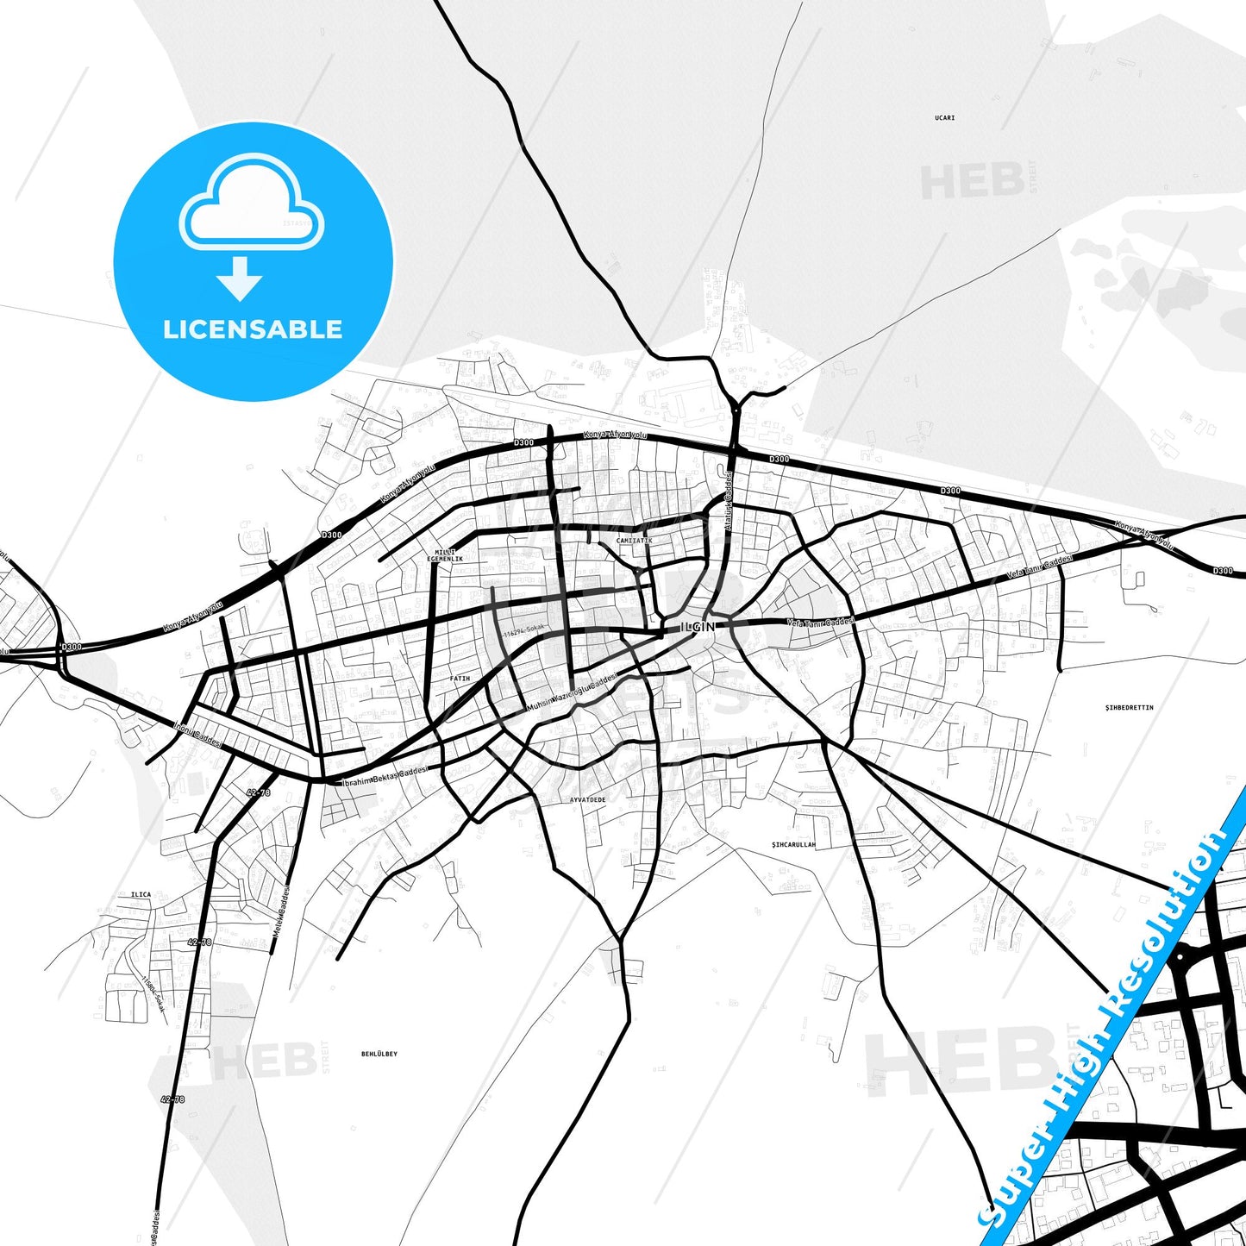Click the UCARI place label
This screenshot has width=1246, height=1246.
point(944,117)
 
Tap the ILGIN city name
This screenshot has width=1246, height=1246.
point(698,627)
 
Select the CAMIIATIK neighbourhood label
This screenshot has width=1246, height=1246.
point(634,541)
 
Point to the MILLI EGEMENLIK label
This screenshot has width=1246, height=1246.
point(445,555)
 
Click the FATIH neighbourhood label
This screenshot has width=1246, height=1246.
point(460,679)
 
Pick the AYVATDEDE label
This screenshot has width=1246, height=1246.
point(587,799)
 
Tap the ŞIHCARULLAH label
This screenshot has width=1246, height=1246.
point(793,844)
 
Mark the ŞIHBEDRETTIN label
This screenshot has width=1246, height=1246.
point(1129,707)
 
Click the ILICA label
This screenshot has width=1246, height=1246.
point(141,894)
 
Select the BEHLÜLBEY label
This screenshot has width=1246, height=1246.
point(379,1054)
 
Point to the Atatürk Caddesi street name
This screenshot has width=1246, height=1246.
point(728,501)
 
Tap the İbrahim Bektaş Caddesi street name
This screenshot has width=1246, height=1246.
point(385,775)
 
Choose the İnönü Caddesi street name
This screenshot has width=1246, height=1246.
point(197,734)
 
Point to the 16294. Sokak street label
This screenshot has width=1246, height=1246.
point(524,630)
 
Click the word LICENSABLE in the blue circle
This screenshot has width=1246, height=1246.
point(253,329)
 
